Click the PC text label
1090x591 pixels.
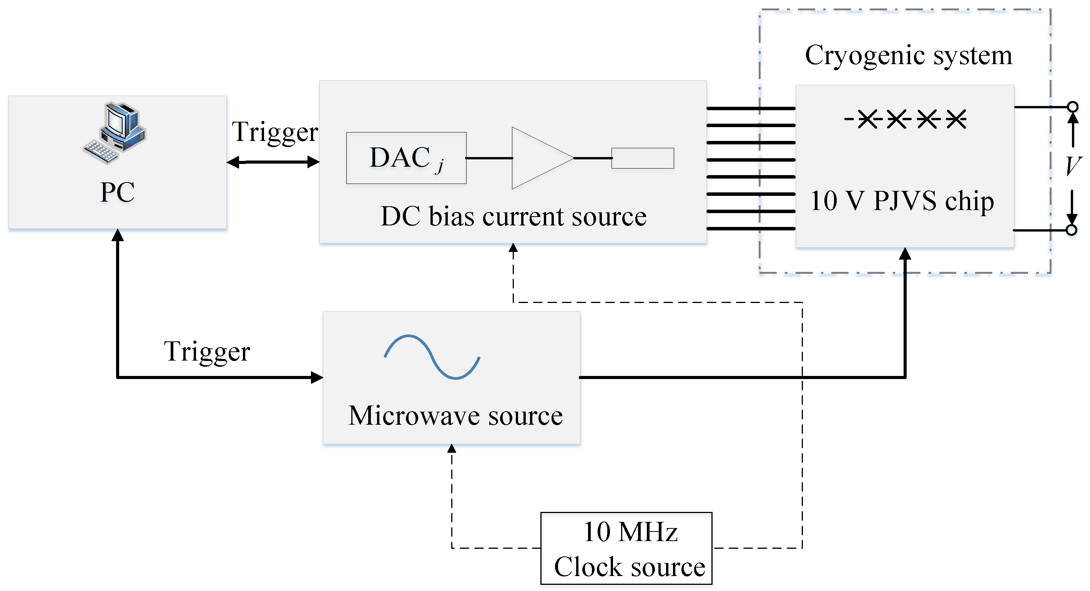[x=117, y=192]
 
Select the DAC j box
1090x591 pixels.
[x=406, y=158]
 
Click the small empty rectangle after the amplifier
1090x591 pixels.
[x=643, y=158]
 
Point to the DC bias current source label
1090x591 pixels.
[x=513, y=217]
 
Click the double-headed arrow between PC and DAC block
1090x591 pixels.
[x=273, y=162]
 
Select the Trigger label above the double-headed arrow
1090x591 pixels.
[x=275, y=132]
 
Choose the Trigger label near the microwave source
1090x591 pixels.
[x=207, y=352]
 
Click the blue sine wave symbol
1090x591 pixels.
[x=432, y=357]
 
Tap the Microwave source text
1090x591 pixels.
[x=455, y=415]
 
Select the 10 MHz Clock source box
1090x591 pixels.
[x=626, y=548]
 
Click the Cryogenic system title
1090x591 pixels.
[x=909, y=55]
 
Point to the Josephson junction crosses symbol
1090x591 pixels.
[x=906, y=119]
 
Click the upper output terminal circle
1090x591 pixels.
[x=1073, y=106]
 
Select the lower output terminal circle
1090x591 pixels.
[x=1072, y=230]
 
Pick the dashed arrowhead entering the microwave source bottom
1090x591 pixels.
[x=452, y=449]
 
